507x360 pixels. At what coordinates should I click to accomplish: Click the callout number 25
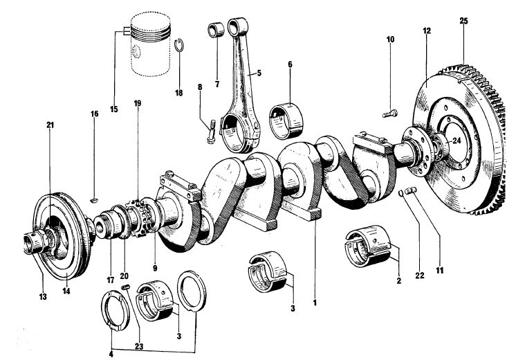pos(463,21)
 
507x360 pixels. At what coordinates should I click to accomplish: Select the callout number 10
pos(390,39)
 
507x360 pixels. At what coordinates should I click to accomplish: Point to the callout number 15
pos(114,108)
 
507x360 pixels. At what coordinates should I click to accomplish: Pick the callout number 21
pos(50,125)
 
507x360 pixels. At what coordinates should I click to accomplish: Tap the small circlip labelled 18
pos(178,46)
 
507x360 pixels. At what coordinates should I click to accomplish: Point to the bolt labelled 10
pos(389,111)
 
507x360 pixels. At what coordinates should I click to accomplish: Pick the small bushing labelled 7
pos(214,32)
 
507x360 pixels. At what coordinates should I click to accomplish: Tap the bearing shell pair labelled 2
pos(370,246)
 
